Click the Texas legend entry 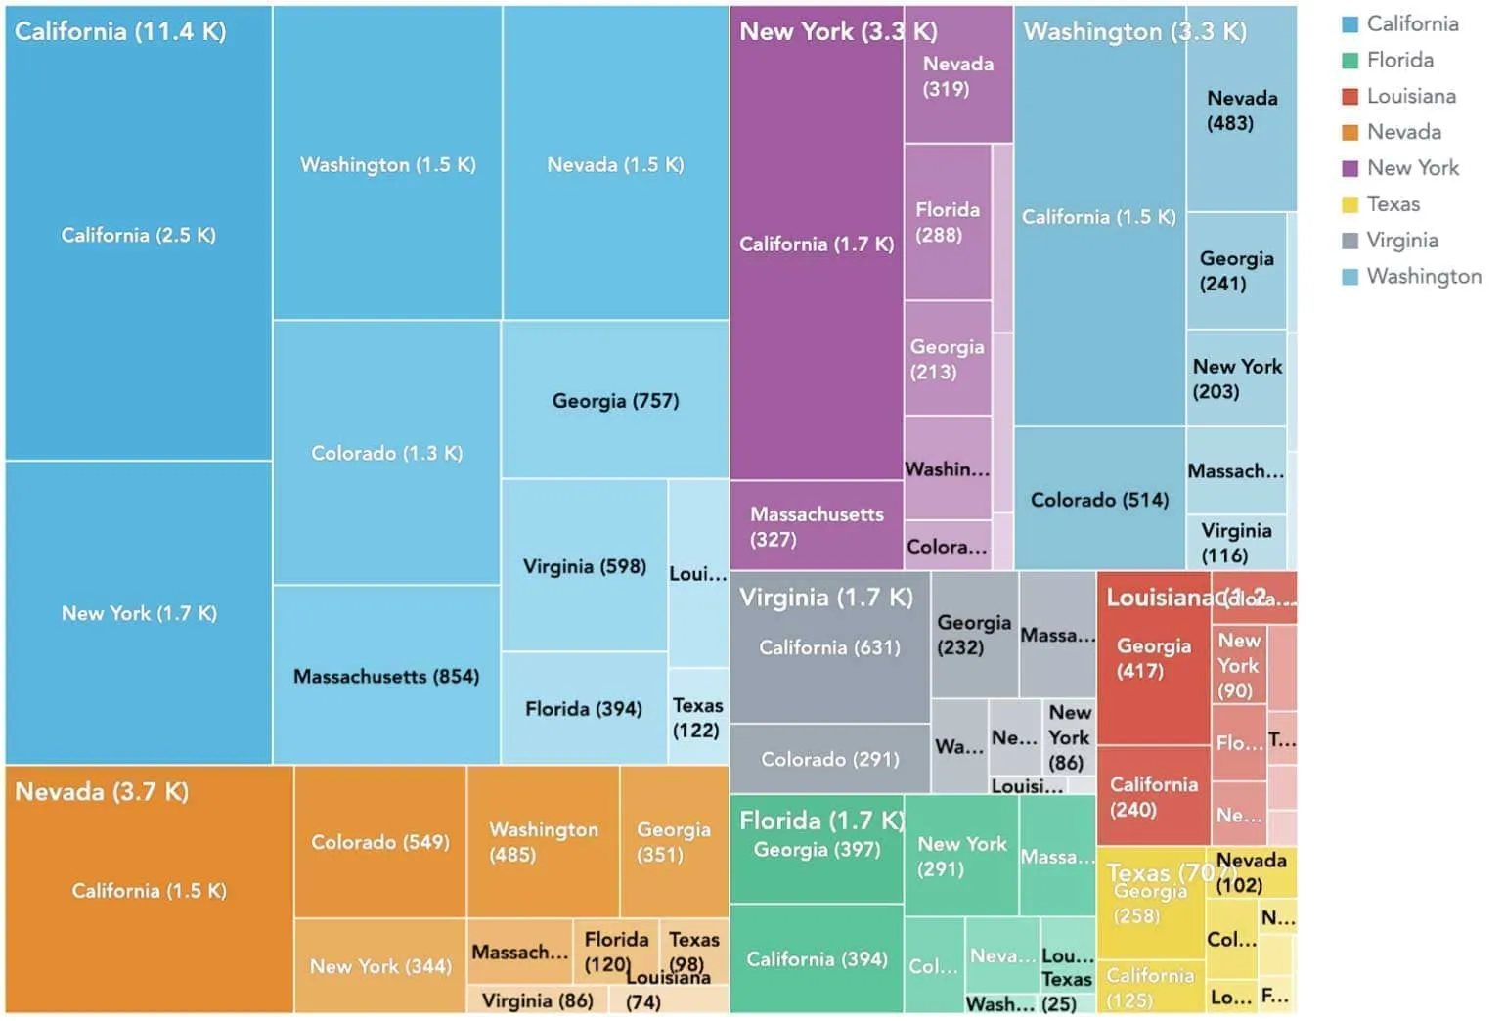[1393, 204]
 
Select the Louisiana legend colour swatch [1350, 96]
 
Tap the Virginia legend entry [1401, 241]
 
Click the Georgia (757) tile [615, 400]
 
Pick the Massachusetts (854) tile [386, 676]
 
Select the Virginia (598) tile [584, 566]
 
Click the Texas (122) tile [697, 718]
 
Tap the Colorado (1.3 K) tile [386, 453]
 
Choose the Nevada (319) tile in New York [957, 76]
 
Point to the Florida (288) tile [947, 222]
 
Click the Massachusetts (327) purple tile [816, 526]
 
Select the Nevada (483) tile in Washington [1241, 111]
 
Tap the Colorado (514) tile [1099, 500]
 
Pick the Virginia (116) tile [1236, 543]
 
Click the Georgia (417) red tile [1153, 658]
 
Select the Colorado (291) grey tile [829, 759]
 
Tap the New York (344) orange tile [379, 966]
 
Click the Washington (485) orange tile [543, 842]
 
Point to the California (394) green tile [816, 959]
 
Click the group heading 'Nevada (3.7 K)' [102, 791]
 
